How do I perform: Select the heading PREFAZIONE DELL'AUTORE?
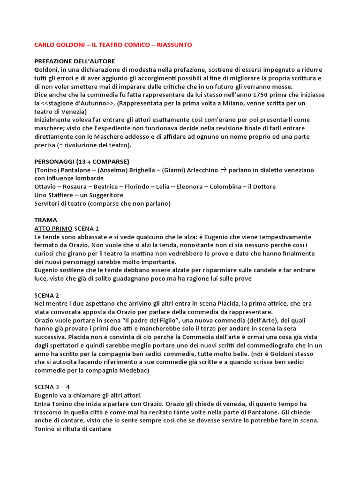(75, 61)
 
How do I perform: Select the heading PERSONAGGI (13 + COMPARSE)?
(82, 161)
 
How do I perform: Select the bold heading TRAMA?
(45, 220)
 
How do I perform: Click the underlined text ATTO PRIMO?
(53, 228)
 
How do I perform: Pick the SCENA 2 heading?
(47, 295)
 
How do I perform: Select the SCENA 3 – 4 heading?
(52, 387)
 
